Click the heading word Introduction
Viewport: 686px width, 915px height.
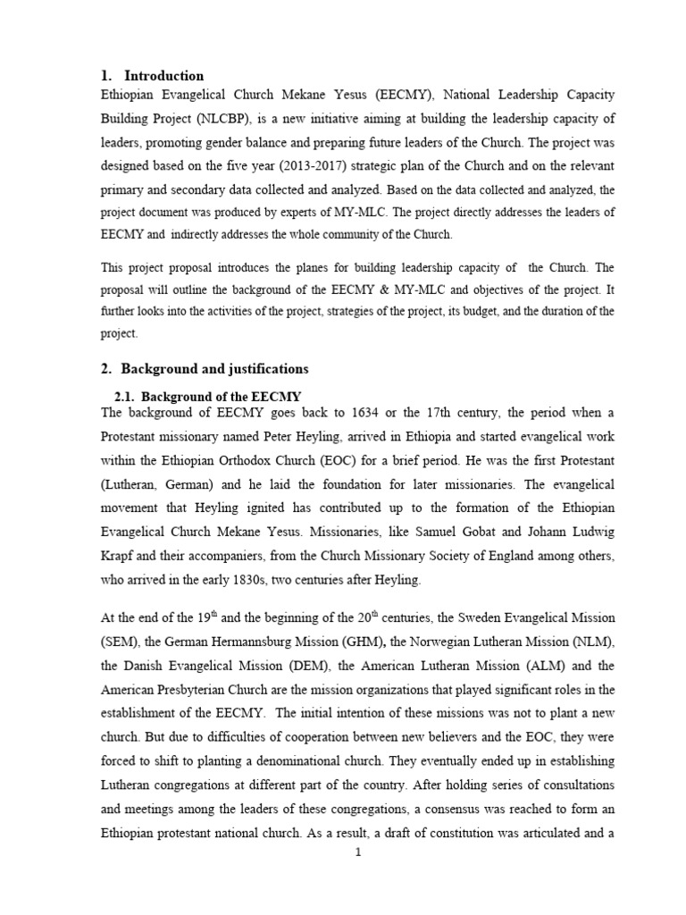pyautogui.click(x=164, y=76)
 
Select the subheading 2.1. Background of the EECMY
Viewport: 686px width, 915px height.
pyautogui.click(x=208, y=396)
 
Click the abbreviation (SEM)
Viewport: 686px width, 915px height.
pyautogui.click(x=122, y=641)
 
